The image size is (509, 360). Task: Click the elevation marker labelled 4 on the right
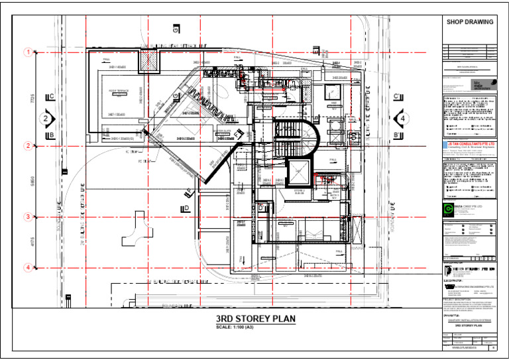tap(401, 119)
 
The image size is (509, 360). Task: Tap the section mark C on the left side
tap(51, 97)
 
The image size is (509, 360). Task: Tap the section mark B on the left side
tap(51, 135)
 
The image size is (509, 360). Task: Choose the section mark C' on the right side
tap(396, 97)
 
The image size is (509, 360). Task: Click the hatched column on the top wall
tap(146, 61)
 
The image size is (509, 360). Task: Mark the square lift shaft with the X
tap(299, 172)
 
